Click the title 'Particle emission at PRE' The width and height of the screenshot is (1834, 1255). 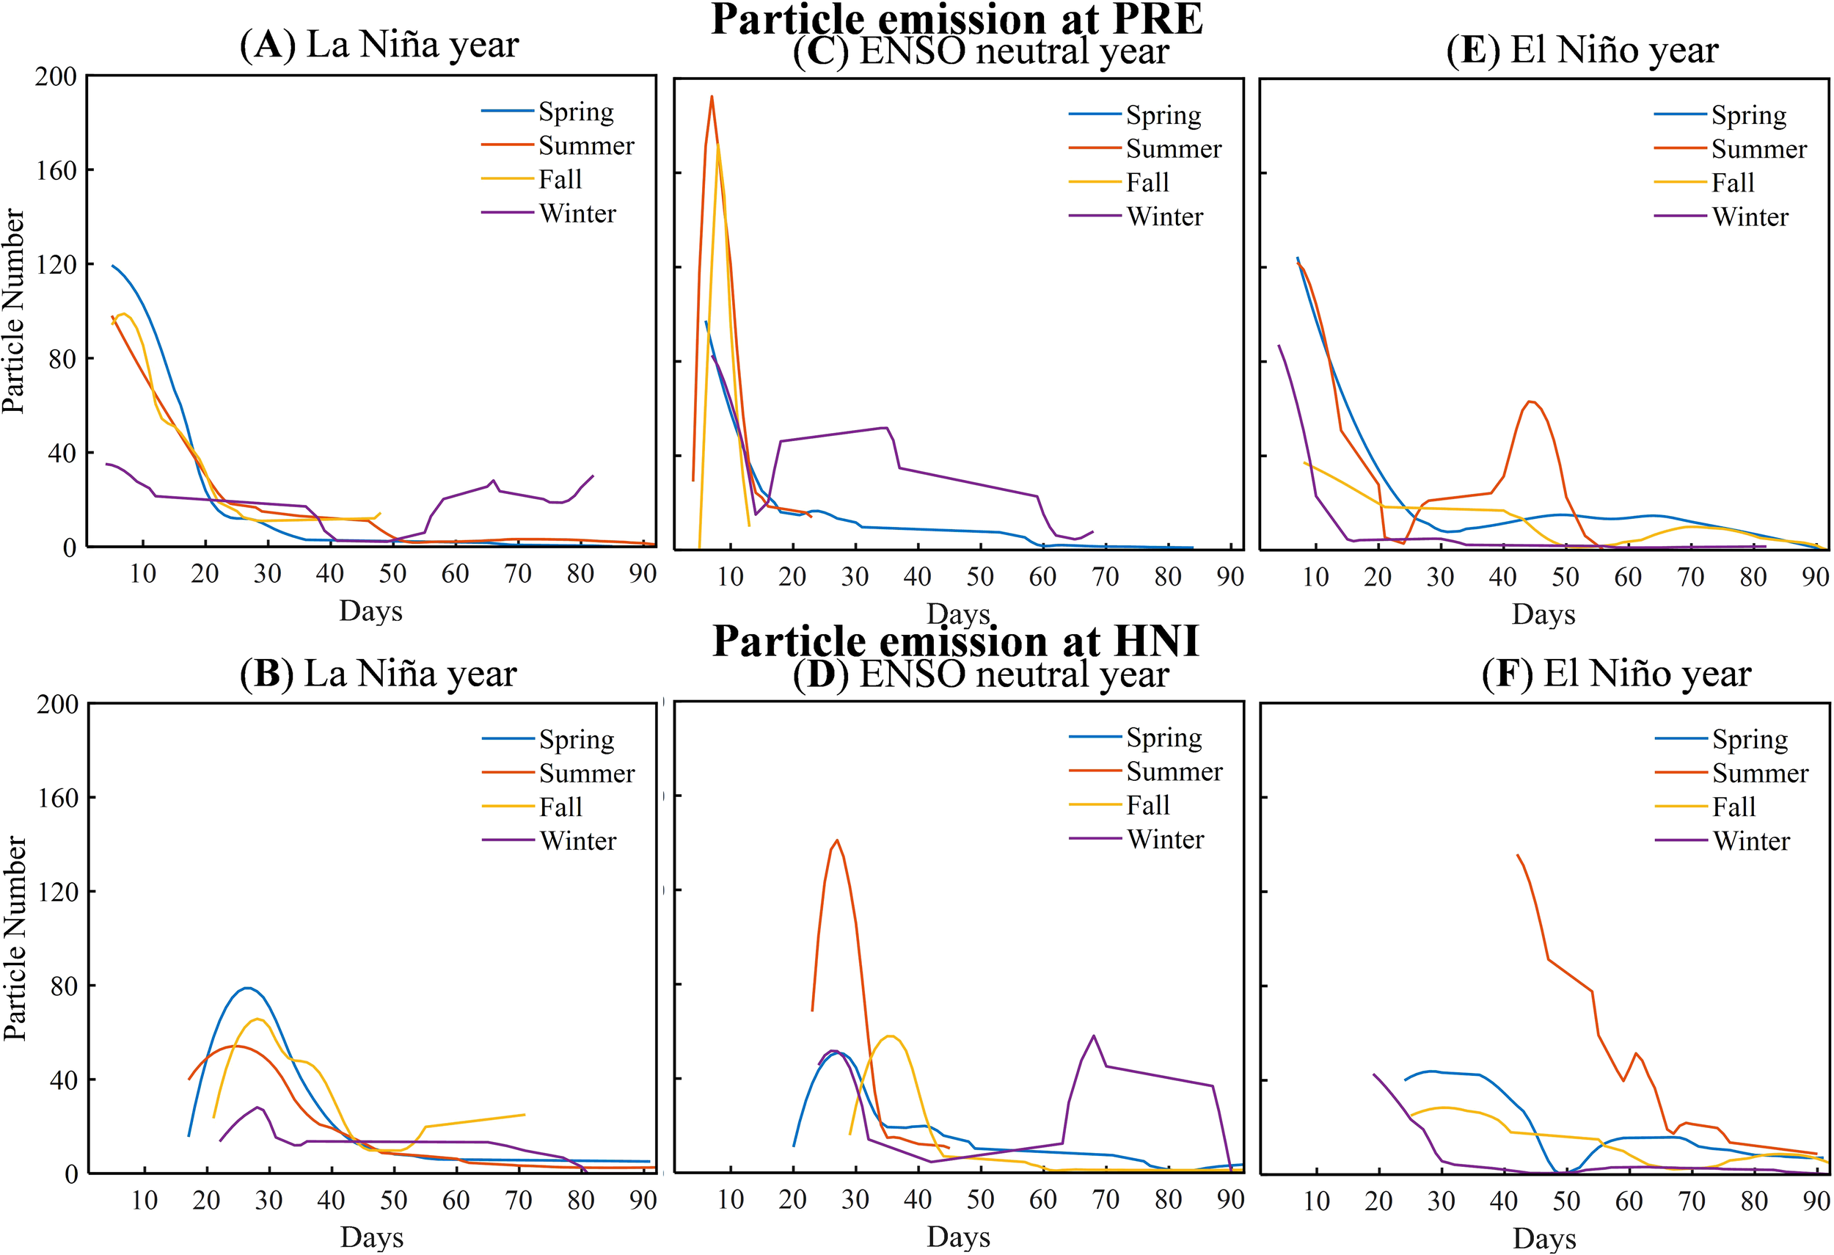pos(957,19)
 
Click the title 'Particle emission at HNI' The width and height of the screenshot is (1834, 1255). pos(957,640)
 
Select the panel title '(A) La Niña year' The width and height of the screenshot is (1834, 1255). pos(379,45)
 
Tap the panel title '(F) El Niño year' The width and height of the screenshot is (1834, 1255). pos(1616,674)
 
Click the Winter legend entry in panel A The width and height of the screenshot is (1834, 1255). pos(577,213)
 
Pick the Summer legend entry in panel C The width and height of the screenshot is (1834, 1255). pos(1173,148)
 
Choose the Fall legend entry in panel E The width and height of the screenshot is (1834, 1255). pos(1732,182)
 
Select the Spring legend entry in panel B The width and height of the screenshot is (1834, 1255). pos(576,739)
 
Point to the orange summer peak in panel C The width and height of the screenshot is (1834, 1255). pos(712,97)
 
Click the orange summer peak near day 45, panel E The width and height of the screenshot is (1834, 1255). pos(1531,401)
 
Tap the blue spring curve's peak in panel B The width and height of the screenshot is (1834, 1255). pos(248,988)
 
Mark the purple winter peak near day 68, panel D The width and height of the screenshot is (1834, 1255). pos(1094,1036)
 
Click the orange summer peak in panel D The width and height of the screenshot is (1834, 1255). pos(837,840)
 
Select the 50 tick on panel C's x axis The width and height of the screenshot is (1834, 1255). pos(980,576)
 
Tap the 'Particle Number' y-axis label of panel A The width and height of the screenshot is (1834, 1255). pos(13,311)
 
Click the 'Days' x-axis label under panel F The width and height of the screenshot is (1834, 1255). pos(1544,1237)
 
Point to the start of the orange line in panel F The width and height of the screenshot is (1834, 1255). pos(1517,855)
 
